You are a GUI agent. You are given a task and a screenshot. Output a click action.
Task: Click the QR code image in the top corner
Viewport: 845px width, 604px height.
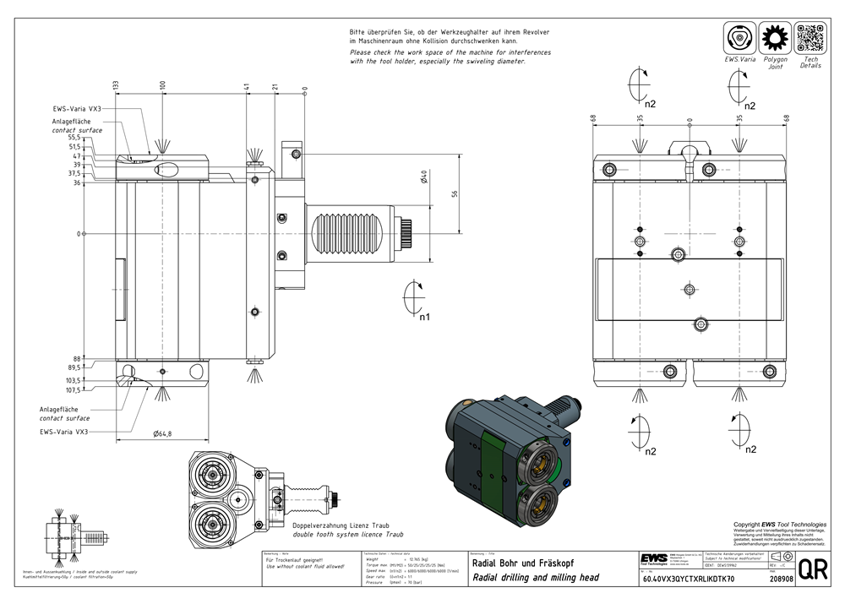tap(810, 39)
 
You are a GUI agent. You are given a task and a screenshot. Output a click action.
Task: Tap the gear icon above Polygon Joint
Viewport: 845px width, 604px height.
tap(775, 39)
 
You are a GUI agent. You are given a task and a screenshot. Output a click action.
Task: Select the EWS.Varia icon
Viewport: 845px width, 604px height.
tap(739, 39)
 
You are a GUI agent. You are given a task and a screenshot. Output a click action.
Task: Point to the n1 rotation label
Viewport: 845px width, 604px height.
tap(424, 318)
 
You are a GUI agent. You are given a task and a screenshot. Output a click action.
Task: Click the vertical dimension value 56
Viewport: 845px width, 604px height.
tap(455, 193)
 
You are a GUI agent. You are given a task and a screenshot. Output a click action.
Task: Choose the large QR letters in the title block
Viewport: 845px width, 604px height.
tap(813, 570)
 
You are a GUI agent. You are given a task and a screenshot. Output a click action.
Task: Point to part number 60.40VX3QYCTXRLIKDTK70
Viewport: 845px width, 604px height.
tap(688, 580)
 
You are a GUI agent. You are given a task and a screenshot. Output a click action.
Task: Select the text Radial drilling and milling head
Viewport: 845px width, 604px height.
tap(536, 578)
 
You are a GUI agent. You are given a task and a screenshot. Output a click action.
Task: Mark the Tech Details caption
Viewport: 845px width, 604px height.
tap(810, 63)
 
